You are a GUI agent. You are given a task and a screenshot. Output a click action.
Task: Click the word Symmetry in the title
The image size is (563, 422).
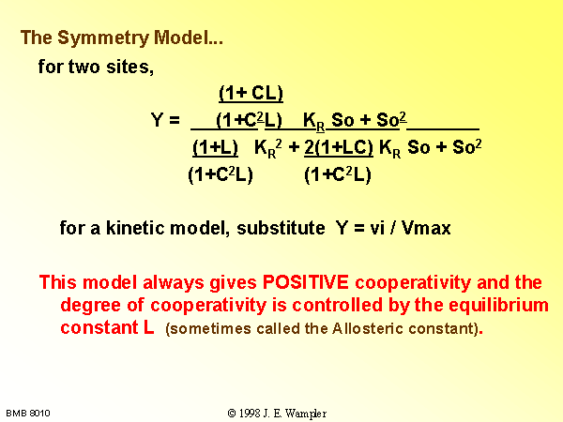(103, 38)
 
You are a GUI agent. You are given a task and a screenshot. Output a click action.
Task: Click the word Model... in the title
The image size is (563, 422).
(189, 38)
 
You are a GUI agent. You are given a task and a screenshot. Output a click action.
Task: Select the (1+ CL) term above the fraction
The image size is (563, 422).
(251, 93)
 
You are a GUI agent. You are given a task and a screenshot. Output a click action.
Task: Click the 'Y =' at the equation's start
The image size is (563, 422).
(165, 119)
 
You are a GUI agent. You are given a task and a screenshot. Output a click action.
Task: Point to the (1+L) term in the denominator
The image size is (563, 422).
(216, 147)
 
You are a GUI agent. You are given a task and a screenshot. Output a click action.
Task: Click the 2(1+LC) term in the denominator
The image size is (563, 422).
(339, 147)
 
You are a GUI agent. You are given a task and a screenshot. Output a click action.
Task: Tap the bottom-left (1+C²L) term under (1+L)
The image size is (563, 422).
(221, 175)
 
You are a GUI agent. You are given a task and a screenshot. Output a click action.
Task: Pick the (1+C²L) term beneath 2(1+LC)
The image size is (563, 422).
(338, 175)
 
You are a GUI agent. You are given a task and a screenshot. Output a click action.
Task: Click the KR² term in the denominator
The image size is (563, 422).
(268, 148)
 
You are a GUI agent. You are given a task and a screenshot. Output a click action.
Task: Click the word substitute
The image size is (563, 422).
(281, 228)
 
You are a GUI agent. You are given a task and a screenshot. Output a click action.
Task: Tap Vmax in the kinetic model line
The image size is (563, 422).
(426, 228)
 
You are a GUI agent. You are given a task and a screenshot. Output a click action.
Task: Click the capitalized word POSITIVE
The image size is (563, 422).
(306, 282)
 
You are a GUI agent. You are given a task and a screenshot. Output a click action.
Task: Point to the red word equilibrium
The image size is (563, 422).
(499, 306)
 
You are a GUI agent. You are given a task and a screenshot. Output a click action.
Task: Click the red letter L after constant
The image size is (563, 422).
(148, 327)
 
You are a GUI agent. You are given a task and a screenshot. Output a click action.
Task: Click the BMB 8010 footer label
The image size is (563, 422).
(28, 414)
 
